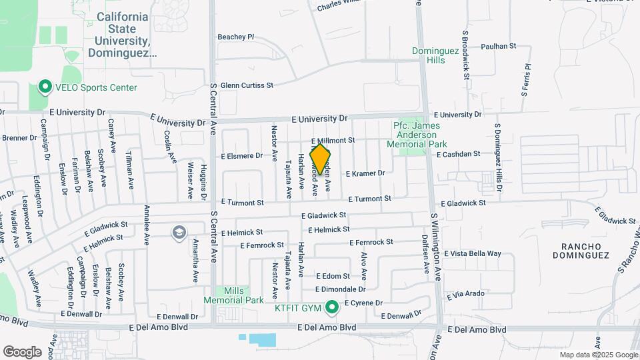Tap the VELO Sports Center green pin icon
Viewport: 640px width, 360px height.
click(x=45, y=87)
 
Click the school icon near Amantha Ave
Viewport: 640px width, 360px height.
click(x=179, y=232)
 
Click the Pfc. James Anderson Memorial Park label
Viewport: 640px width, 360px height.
click(x=419, y=135)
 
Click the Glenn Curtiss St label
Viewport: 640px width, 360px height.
click(x=247, y=85)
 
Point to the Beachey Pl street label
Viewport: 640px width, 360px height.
click(x=236, y=37)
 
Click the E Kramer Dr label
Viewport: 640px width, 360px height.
click(x=365, y=173)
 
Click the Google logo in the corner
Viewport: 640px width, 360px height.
click(x=23, y=351)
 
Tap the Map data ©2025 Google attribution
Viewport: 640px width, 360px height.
click(x=599, y=355)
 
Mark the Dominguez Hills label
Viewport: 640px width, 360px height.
click(x=437, y=55)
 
